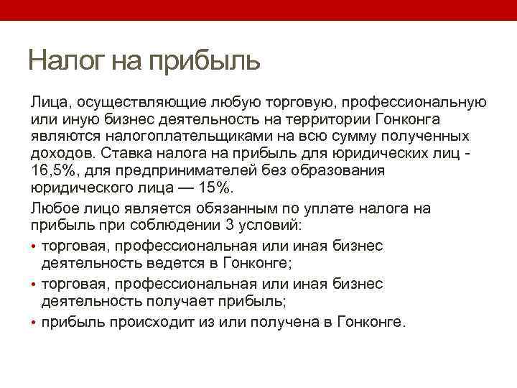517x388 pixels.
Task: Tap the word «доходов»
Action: point(60,153)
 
